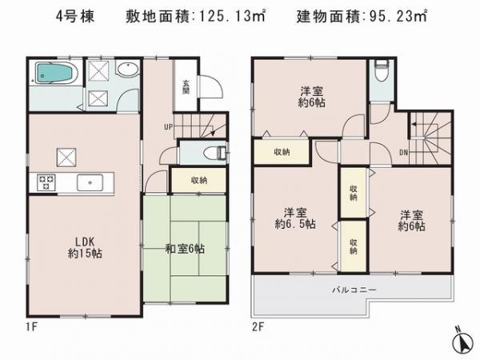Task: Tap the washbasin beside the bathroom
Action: click(126, 71)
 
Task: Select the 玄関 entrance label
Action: click(186, 83)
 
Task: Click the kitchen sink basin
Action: click(92, 182)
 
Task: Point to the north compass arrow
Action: click(460, 340)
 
